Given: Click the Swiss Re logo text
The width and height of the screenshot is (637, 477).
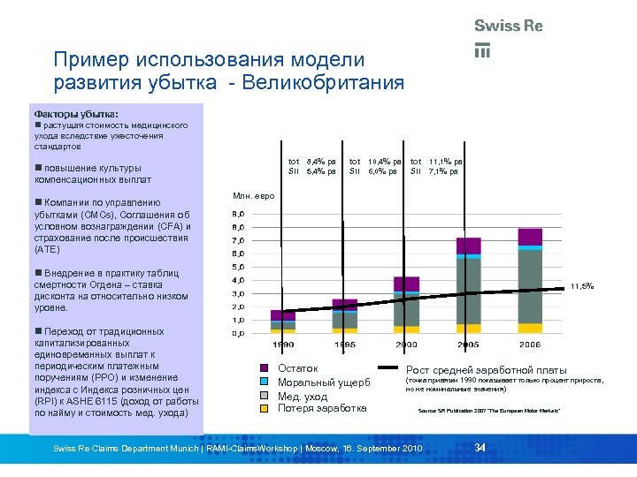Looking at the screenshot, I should pos(508,26).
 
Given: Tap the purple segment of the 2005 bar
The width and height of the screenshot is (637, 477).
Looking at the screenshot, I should pos(469,245).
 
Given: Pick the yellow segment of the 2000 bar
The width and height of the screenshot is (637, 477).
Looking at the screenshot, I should pos(406,329).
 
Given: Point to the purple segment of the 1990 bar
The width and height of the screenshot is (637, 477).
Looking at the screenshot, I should pos(283,315).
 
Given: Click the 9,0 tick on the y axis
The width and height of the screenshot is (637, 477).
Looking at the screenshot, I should pos(238,215).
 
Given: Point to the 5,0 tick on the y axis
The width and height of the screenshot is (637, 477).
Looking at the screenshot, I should pos(238,267).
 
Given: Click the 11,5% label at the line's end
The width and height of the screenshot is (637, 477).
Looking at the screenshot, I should pos(581,286).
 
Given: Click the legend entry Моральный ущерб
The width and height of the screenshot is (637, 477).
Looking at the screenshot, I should pos(324,382).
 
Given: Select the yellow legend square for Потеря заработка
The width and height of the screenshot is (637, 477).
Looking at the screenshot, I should pos(263,409).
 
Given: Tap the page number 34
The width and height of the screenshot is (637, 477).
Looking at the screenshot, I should pos(480,449).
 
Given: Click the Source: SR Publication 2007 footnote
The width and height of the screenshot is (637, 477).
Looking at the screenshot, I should pos(487,412).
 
